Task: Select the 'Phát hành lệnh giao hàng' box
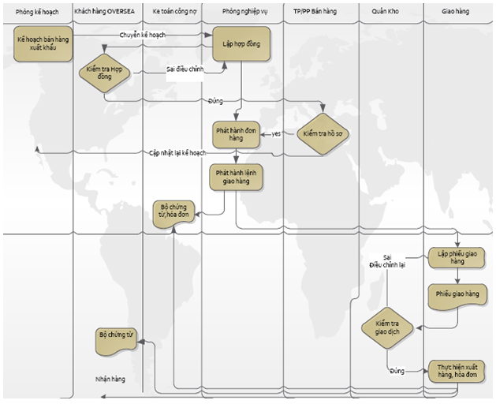click(235, 177)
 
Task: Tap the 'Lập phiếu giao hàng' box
click(457, 257)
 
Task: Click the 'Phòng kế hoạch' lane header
click(37, 12)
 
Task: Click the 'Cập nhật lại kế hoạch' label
click(177, 152)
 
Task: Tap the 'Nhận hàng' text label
click(110, 380)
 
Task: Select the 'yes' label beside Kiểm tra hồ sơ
click(277, 133)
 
